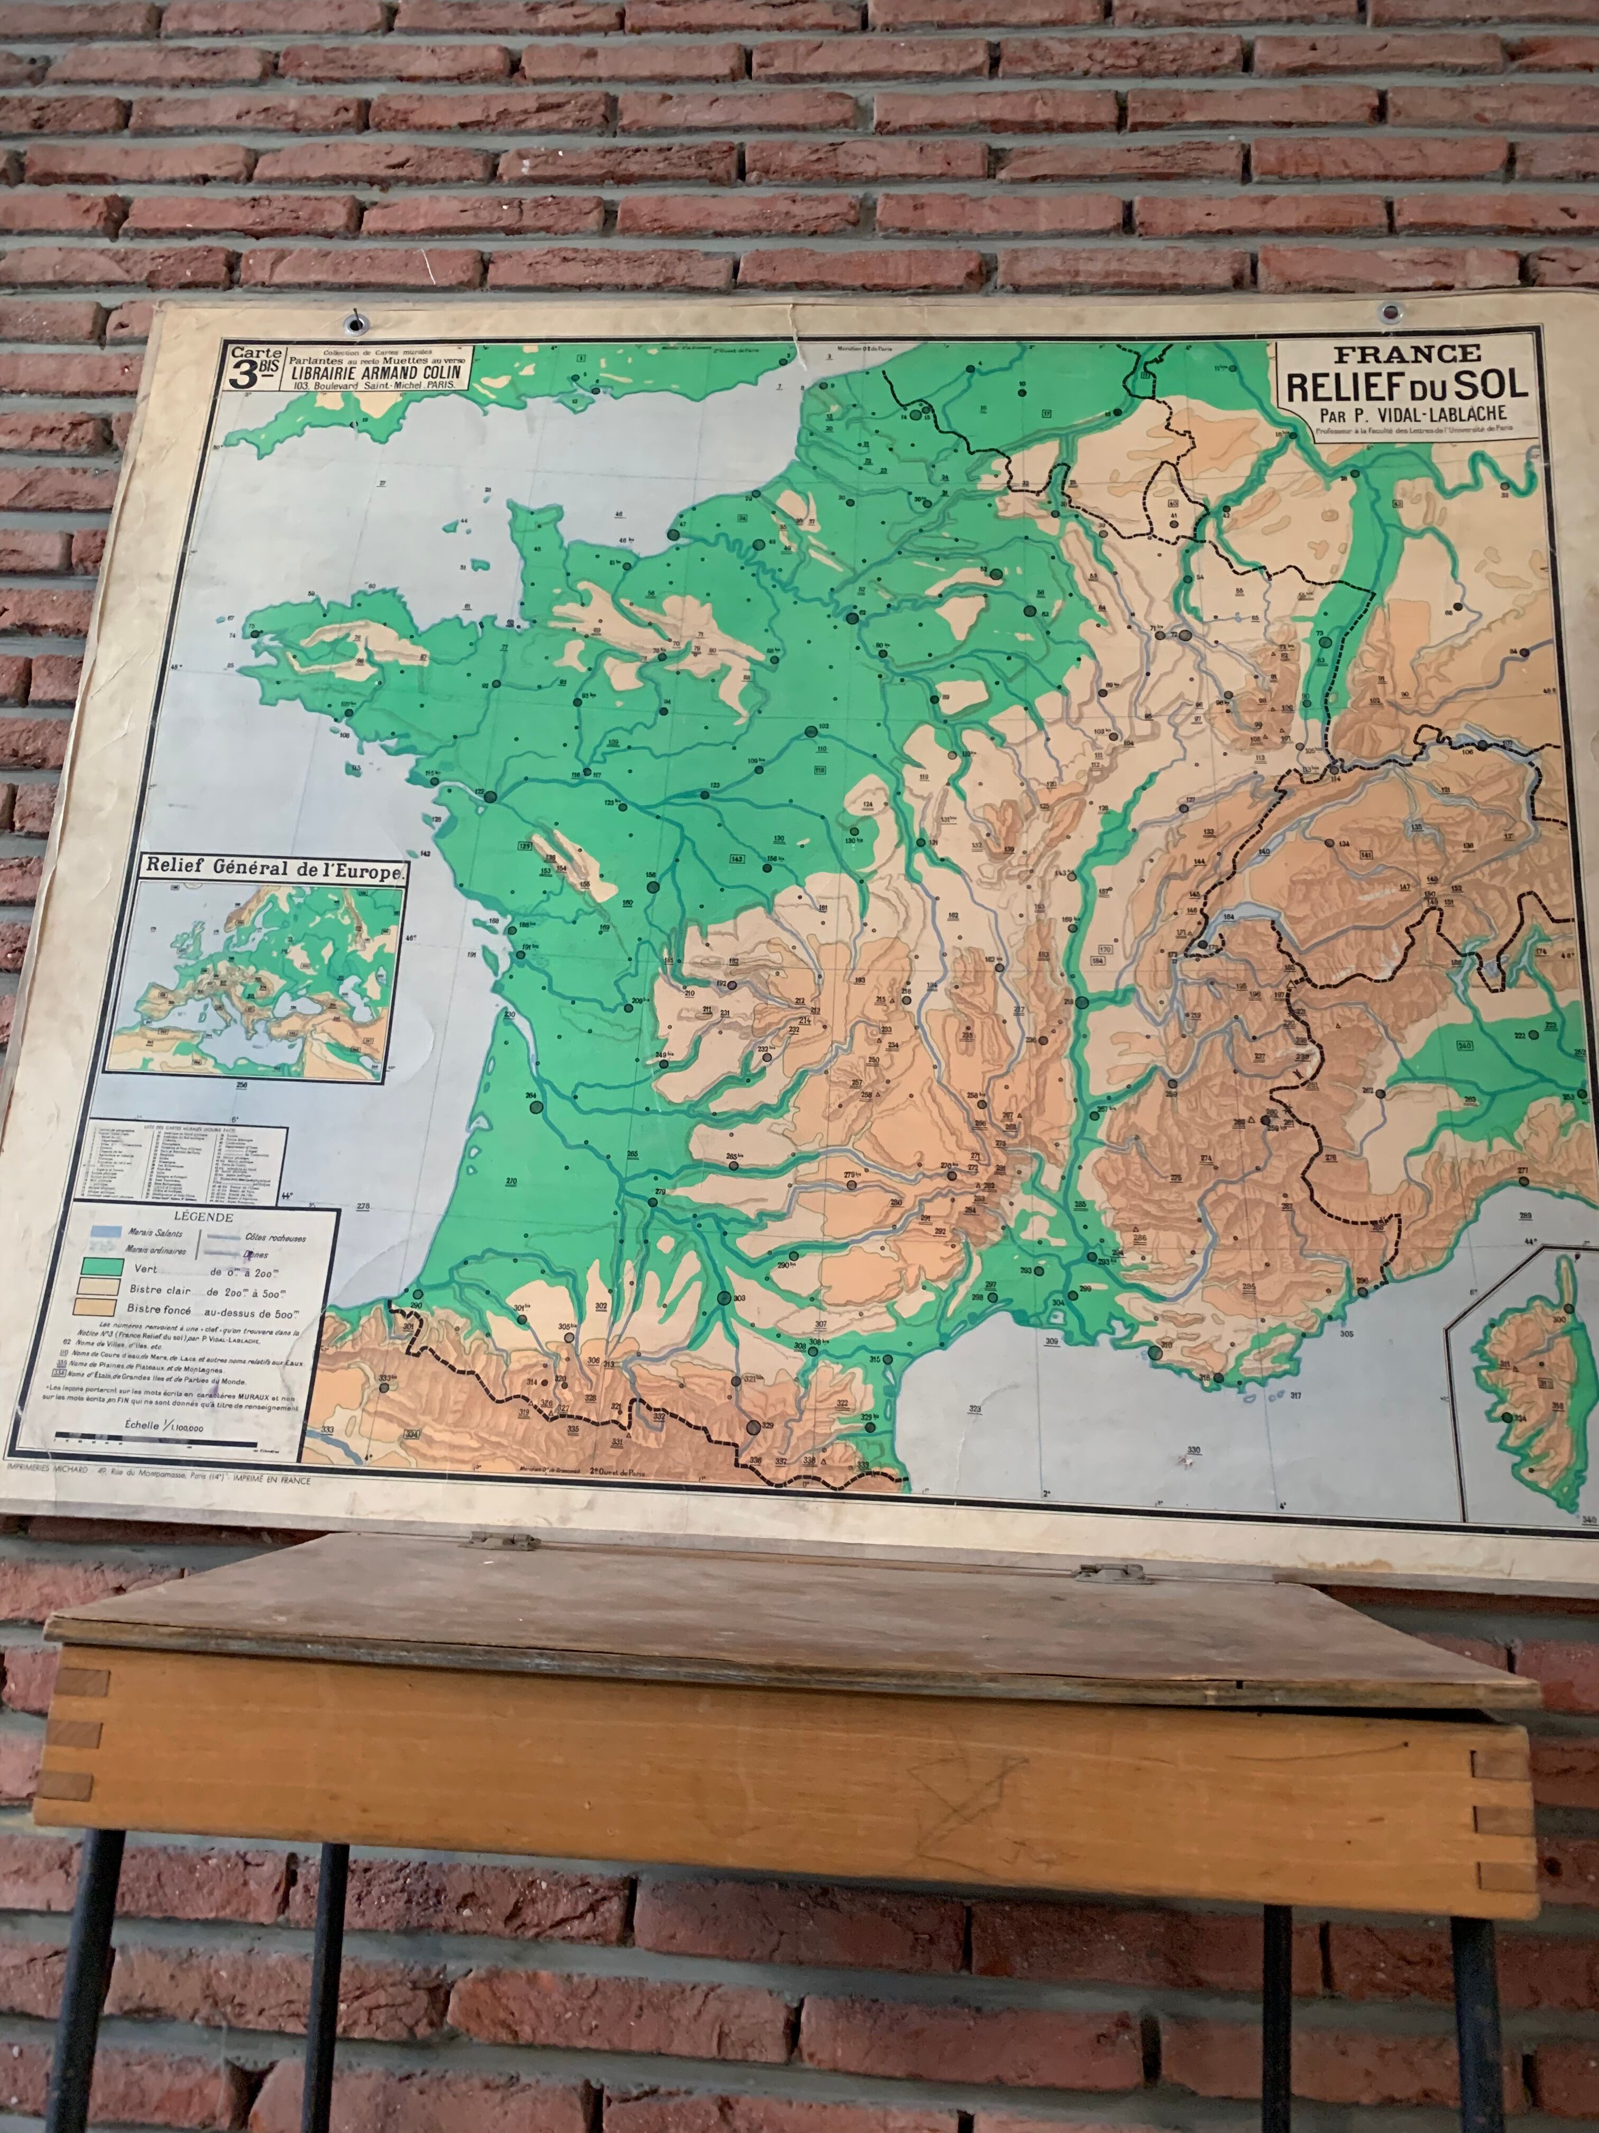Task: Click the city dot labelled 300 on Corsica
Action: point(1568,1309)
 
